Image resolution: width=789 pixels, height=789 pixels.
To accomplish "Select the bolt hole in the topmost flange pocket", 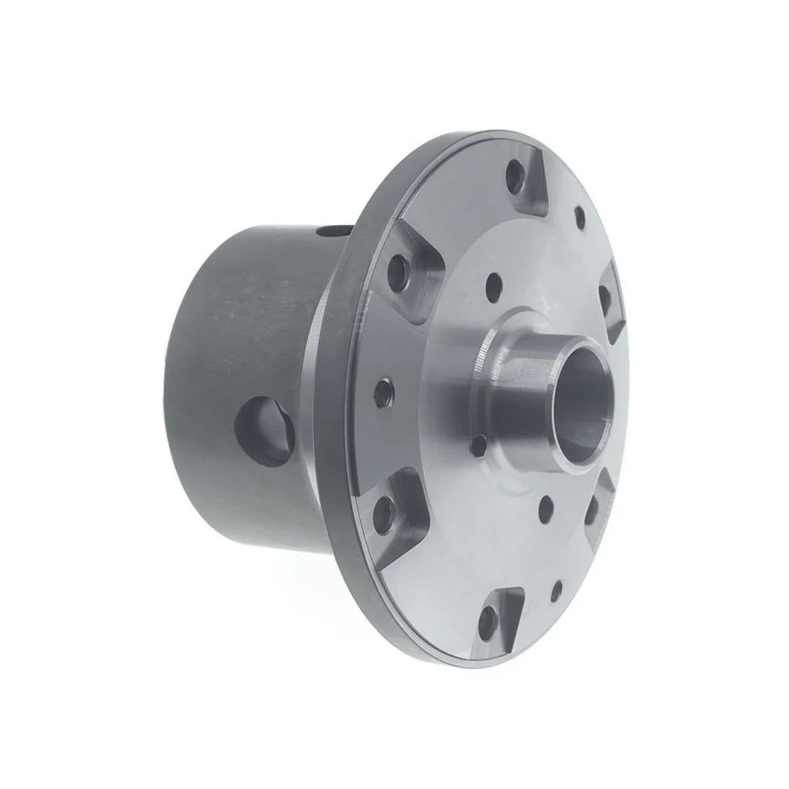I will (x=517, y=175).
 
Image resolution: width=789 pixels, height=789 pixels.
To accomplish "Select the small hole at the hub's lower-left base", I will (x=478, y=445).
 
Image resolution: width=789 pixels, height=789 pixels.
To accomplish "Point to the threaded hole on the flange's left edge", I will (x=381, y=394).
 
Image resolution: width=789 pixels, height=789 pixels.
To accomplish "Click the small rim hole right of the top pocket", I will (x=579, y=216).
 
